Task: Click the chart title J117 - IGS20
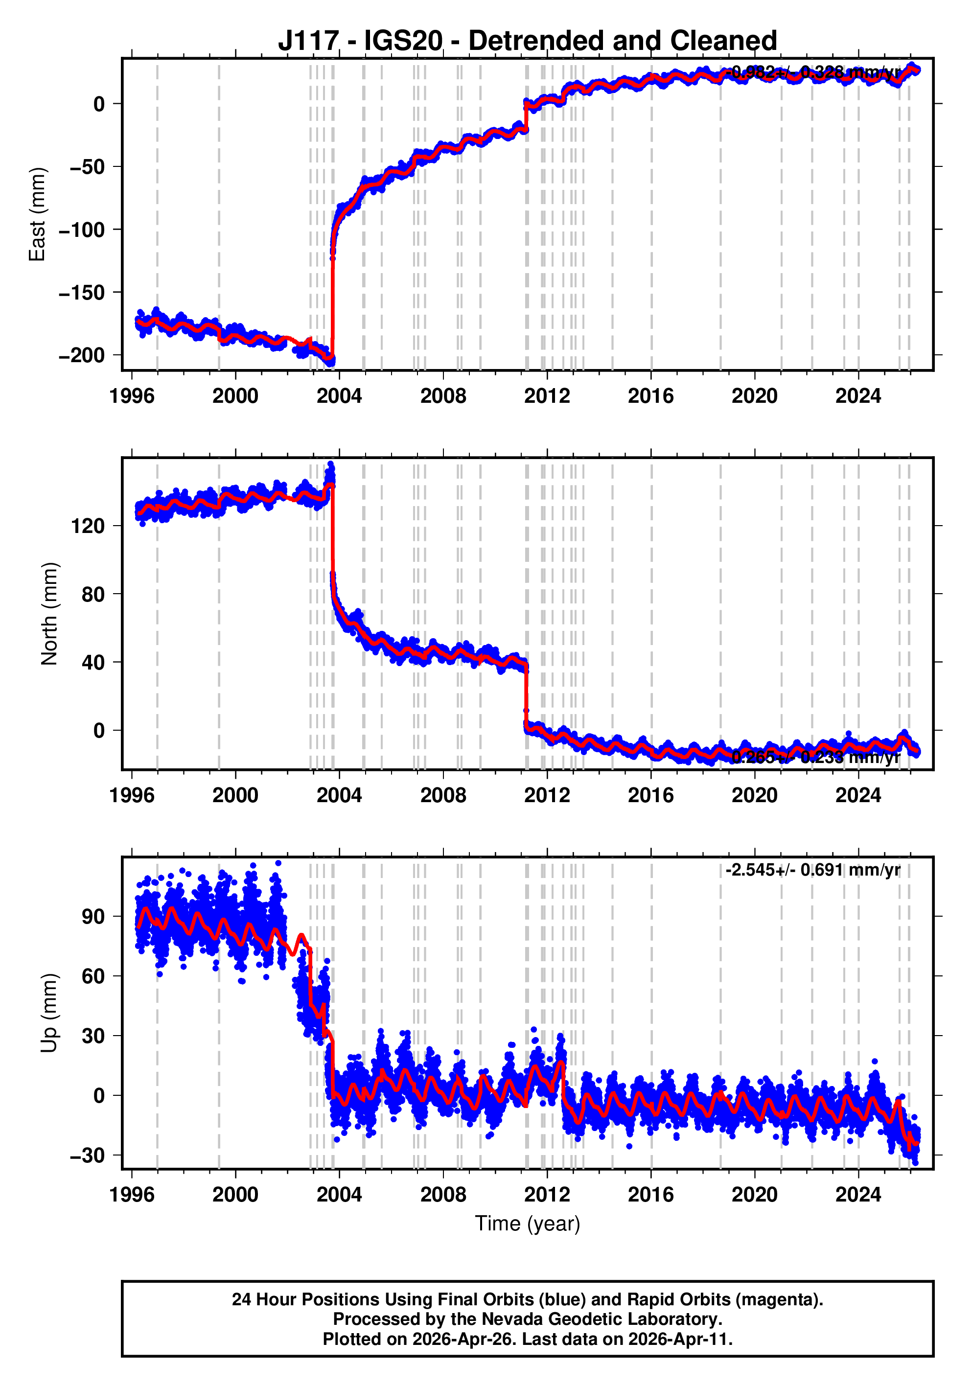pyautogui.click(x=527, y=41)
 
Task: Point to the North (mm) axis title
pyautogui.click(x=49, y=614)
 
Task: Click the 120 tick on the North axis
pyautogui.click(x=88, y=526)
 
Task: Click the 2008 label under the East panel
pyautogui.click(x=443, y=396)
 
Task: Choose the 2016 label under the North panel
pyautogui.click(x=650, y=796)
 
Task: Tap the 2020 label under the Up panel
pyautogui.click(x=755, y=1195)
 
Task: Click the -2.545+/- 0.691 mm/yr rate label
pyautogui.click(x=812, y=870)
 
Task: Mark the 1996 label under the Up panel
pyautogui.click(x=132, y=1195)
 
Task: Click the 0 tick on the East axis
pyautogui.click(x=99, y=104)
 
